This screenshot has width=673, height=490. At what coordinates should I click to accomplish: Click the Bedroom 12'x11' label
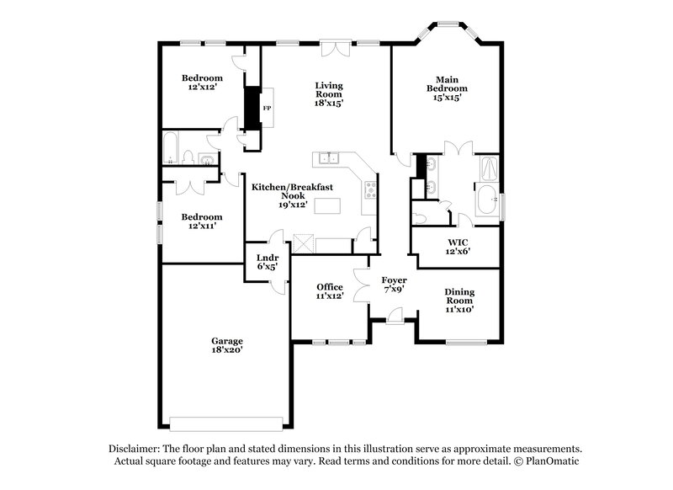coord(202,221)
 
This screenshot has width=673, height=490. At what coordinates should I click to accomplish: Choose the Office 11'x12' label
coord(329,291)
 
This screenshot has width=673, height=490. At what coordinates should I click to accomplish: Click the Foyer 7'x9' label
coord(394,284)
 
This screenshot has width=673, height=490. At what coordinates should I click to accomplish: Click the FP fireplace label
coord(267,109)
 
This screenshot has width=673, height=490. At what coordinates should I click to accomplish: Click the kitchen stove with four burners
coord(369,191)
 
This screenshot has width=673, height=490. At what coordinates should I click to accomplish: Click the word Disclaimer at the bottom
coord(134,449)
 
